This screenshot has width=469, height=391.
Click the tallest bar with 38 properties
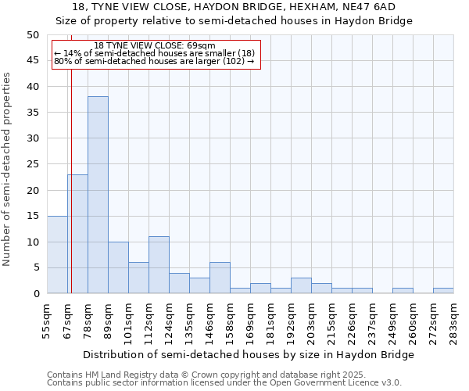click(98, 195)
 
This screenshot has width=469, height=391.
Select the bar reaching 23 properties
click(77, 234)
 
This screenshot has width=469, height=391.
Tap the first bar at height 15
click(57, 254)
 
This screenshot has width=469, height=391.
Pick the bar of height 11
click(159, 265)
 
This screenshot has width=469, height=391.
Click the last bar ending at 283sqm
click(443, 291)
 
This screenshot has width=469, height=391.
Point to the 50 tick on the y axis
click(33, 35)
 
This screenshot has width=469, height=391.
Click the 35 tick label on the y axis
click(33, 113)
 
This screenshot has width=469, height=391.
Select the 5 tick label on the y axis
click(36, 267)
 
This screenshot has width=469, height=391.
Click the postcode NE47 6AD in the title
click(368, 6)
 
